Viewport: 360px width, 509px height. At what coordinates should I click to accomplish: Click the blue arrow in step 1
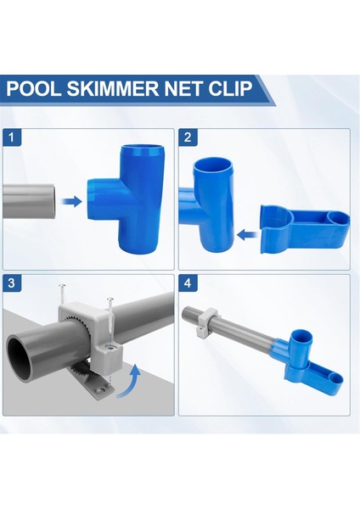[72, 202]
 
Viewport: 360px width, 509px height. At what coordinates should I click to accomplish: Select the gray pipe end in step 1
[30, 202]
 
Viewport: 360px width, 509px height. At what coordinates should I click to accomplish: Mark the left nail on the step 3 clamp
[66, 297]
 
